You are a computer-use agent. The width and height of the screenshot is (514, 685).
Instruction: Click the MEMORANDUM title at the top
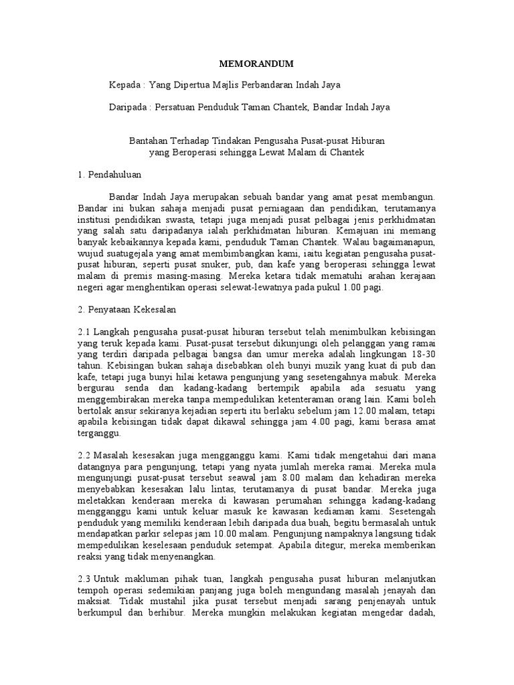(x=257, y=64)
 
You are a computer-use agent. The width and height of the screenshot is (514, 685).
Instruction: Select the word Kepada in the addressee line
(x=125, y=85)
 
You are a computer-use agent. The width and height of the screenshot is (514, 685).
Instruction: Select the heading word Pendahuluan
(x=112, y=174)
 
